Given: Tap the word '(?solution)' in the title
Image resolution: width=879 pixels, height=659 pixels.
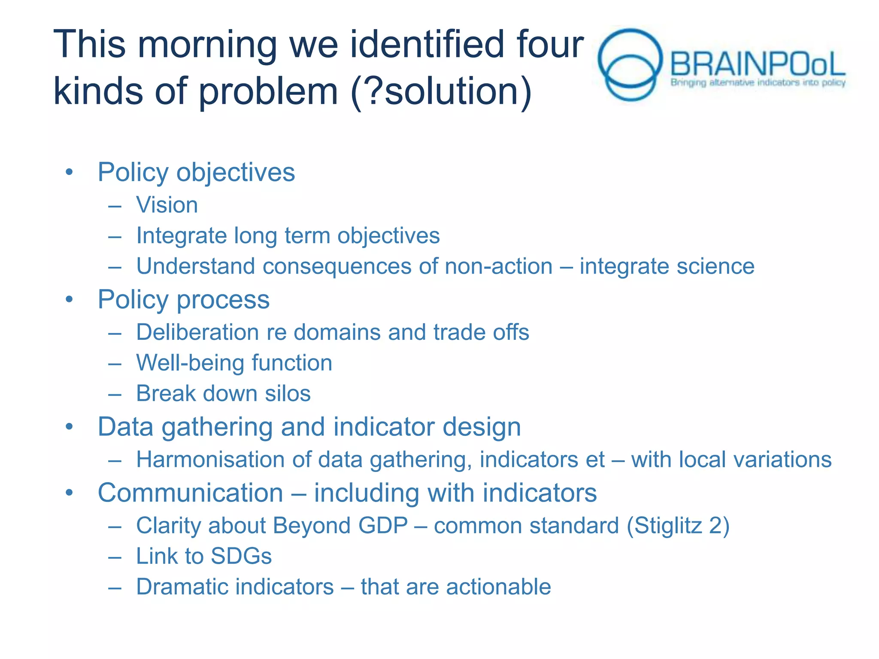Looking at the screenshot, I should [441, 91].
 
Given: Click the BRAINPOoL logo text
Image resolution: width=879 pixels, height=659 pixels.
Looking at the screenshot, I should [758, 64].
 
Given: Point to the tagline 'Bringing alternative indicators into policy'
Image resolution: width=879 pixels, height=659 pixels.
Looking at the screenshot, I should [758, 83].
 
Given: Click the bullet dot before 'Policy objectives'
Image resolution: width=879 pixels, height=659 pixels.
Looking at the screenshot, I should [70, 172].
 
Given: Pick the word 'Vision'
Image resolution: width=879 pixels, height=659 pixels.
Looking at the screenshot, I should [167, 205].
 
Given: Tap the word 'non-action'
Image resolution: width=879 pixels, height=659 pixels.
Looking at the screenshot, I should [498, 266].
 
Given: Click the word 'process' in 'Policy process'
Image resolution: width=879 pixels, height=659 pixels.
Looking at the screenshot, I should [223, 300].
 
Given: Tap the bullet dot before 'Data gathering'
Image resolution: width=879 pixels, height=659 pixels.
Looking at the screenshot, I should [70, 427].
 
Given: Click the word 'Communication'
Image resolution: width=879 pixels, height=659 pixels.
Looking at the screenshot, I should [190, 493].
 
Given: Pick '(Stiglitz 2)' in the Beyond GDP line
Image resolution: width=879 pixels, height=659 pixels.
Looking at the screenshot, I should [678, 526].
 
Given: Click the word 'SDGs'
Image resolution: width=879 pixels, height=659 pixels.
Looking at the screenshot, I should [241, 556].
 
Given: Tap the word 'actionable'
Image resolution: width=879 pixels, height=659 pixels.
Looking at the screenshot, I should [498, 587].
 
